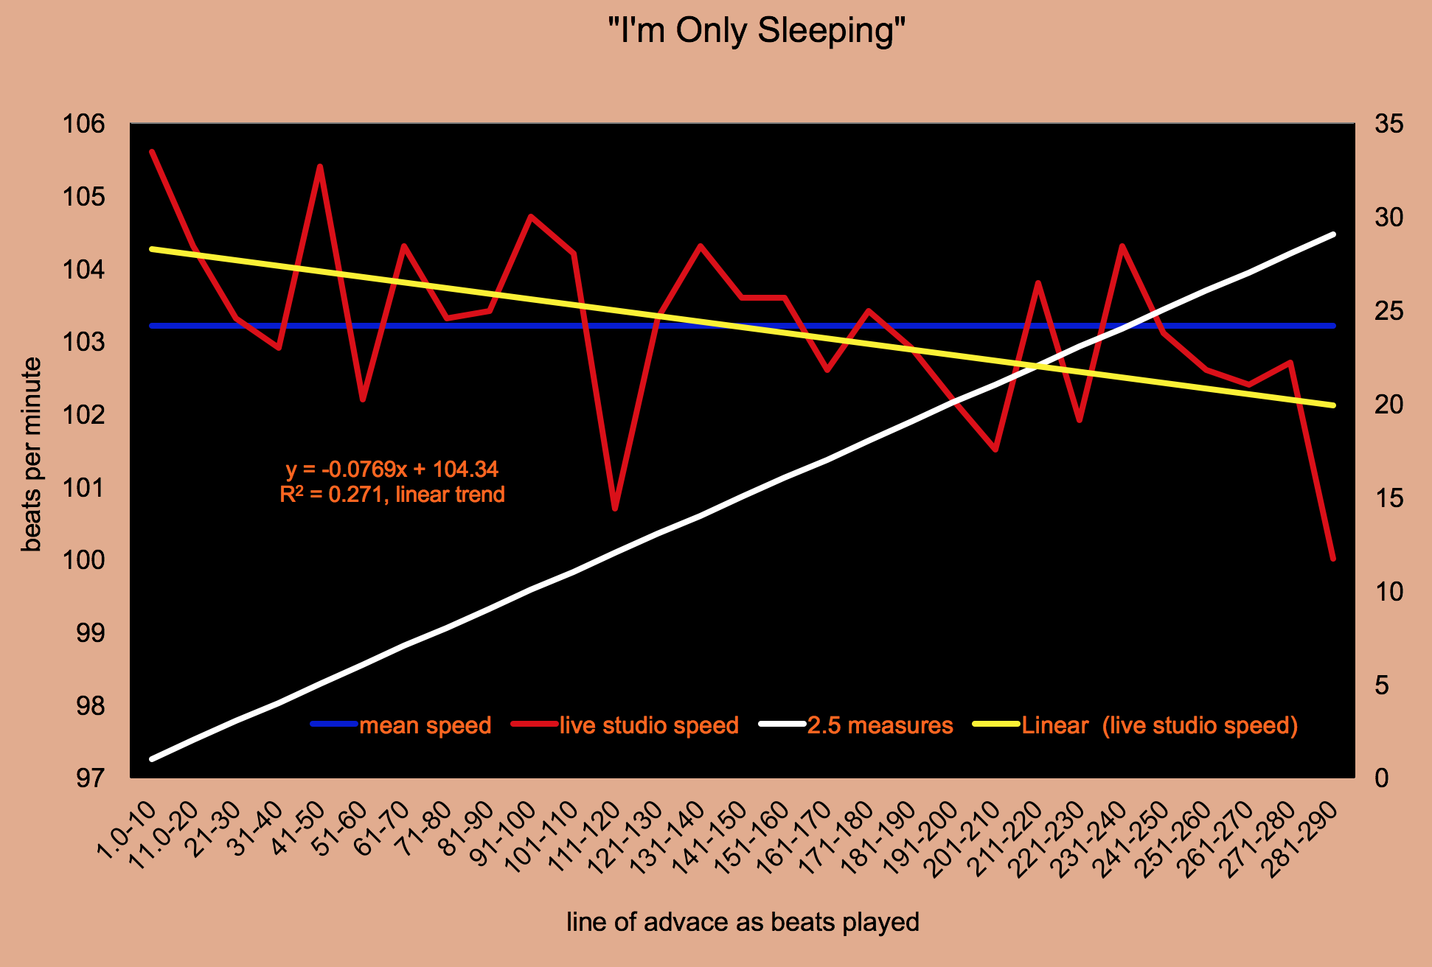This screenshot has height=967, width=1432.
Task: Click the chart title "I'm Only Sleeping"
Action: [x=756, y=31]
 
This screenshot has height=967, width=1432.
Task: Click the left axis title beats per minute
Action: [x=31, y=454]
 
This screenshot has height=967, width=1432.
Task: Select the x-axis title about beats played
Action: [x=743, y=922]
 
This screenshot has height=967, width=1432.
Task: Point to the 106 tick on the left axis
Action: [x=84, y=124]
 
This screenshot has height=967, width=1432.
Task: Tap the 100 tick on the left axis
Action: [x=84, y=560]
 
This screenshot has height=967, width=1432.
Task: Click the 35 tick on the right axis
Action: [x=1389, y=124]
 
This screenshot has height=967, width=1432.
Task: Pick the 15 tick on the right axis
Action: [x=1389, y=498]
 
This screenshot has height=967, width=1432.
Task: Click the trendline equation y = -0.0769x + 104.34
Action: [x=392, y=469]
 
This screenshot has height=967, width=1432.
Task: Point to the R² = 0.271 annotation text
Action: [x=392, y=495]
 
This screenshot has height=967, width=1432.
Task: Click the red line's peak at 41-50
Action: [x=320, y=167]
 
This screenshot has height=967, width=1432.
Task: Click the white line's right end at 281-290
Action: [x=1333, y=234]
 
